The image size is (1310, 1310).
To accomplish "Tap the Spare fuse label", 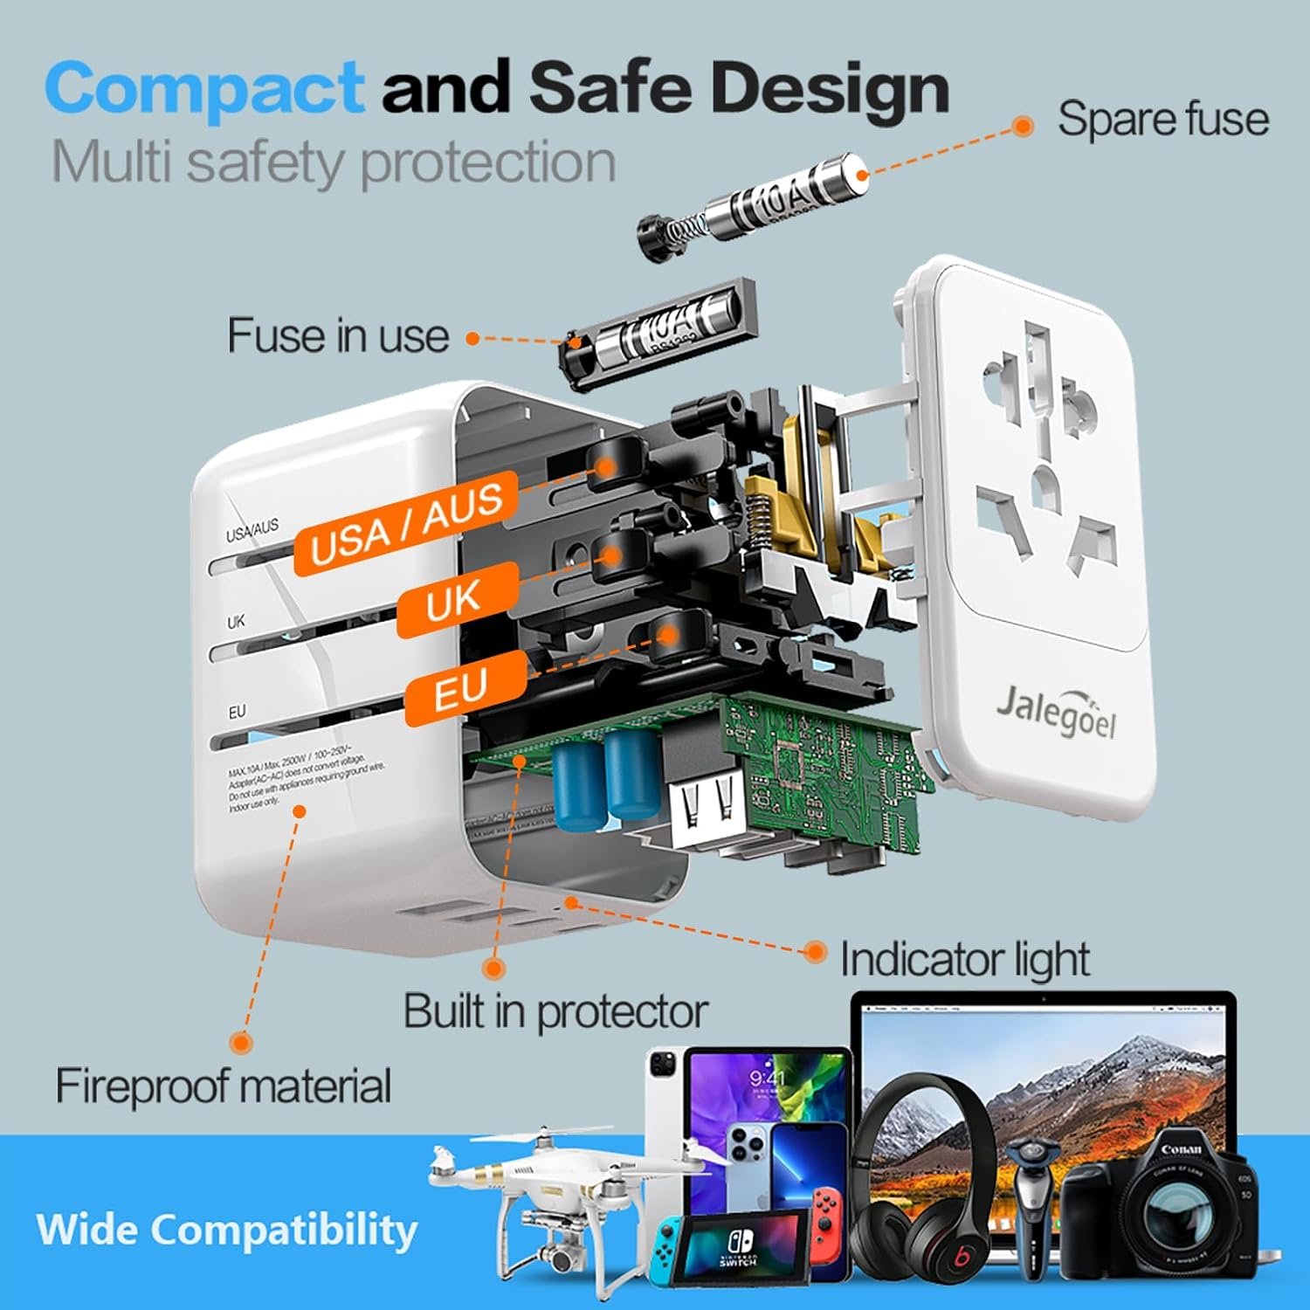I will [x=1162, y=119].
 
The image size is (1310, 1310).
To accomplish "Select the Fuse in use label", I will [x=338, y=335].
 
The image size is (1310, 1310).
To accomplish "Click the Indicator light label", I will [x=964, y=960].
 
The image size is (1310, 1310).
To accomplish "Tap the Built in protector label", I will [x=555, y=1011].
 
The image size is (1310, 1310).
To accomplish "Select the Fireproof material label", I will [x=224, y=1086].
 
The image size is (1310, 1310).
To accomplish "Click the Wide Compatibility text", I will [x=227, y=1229].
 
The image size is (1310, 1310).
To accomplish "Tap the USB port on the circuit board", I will [x=703, y=808].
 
